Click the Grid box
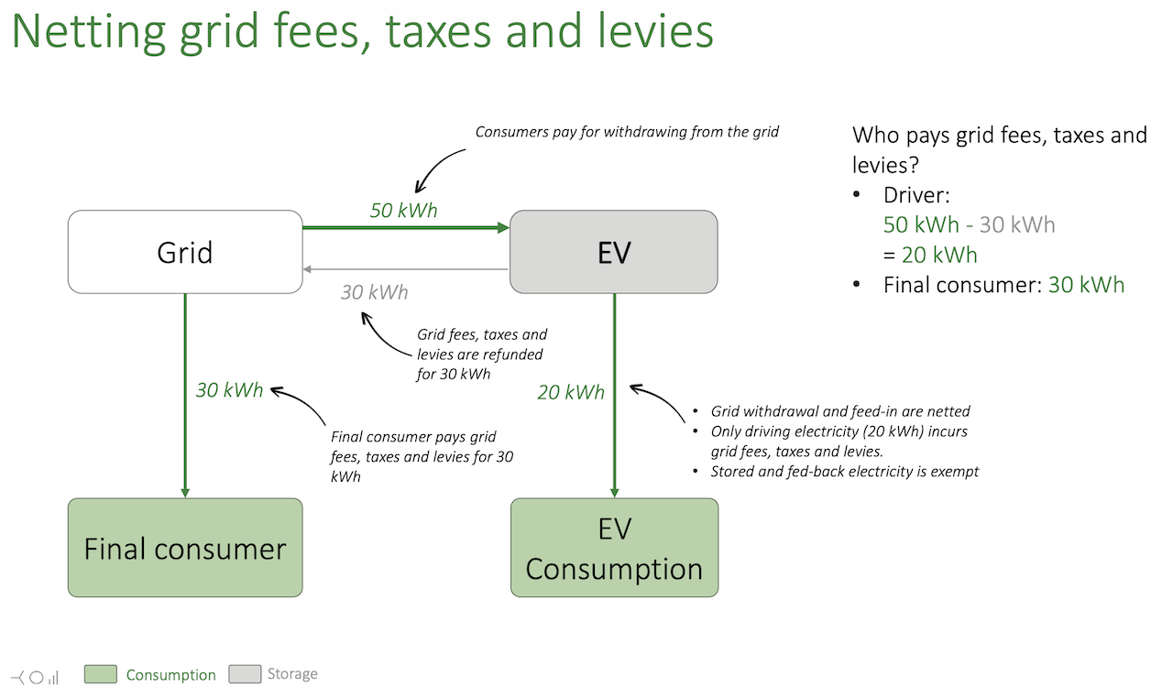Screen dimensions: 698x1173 185,252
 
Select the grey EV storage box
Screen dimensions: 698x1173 613,252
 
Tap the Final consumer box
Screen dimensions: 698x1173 185,548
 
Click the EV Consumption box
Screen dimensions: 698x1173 613,548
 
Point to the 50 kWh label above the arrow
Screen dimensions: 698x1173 403,210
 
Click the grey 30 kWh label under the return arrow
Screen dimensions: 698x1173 374,292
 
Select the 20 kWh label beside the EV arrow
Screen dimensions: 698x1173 571,392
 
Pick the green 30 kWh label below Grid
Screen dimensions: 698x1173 229,390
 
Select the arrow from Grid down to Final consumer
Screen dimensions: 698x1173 185,394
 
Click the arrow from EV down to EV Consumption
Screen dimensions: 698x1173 614,394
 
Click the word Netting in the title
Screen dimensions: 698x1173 88,31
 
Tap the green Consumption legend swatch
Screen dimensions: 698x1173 101,675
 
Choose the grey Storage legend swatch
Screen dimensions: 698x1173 245,674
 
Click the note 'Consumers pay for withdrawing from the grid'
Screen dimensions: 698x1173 627,132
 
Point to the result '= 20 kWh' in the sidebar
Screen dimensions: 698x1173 930,254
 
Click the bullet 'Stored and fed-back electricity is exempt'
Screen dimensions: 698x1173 845,472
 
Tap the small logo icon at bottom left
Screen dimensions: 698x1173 36,677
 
